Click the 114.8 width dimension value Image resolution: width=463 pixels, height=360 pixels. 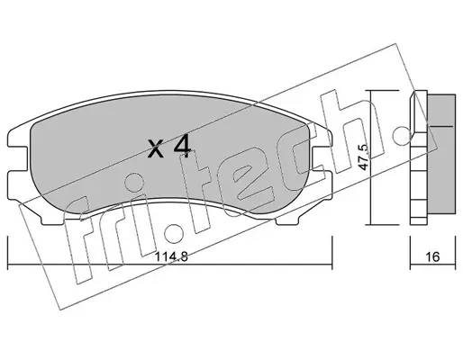172,256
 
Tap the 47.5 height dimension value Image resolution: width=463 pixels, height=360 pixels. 363,157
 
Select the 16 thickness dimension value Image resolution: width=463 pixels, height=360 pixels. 432,256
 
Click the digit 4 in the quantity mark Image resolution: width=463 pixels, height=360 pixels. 183,146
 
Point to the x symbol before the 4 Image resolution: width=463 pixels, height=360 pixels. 156,149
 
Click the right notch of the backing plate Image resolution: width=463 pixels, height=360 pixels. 322,159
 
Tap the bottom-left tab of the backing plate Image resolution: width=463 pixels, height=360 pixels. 52,220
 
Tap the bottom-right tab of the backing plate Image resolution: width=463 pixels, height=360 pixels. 287,220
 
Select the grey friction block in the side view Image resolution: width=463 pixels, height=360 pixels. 441,154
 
